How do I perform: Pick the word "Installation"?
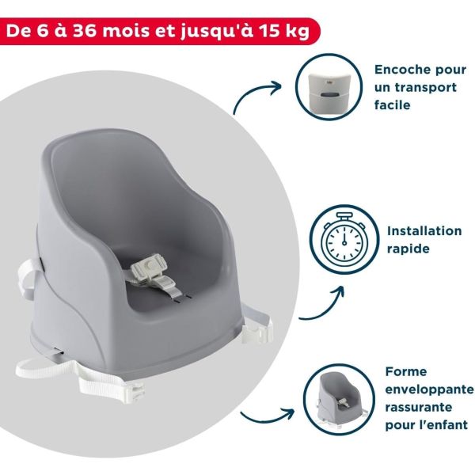[x=424, y=231]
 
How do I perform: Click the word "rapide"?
[x=409, y=249]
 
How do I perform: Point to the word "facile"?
[x=394, y=104]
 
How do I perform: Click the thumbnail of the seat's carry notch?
[x=329, y=84]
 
